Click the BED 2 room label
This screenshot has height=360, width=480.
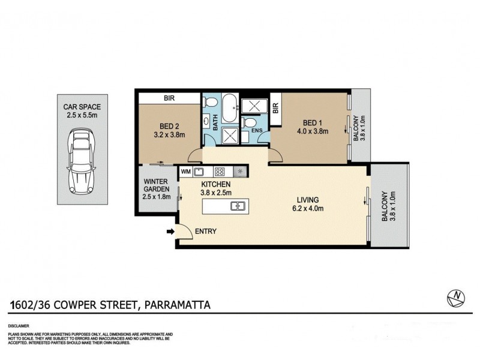coord(170,126)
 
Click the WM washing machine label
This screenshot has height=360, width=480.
coord(185,171)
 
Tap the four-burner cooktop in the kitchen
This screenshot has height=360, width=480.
coord(220,171)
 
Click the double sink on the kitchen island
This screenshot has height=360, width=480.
coord(237,206)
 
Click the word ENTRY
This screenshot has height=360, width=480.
coord(205,232)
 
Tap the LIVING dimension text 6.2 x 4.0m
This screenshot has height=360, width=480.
coord(307,209)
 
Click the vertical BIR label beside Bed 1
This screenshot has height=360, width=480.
coord(276,109)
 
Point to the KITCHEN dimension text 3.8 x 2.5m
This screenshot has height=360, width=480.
coord(216,193)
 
